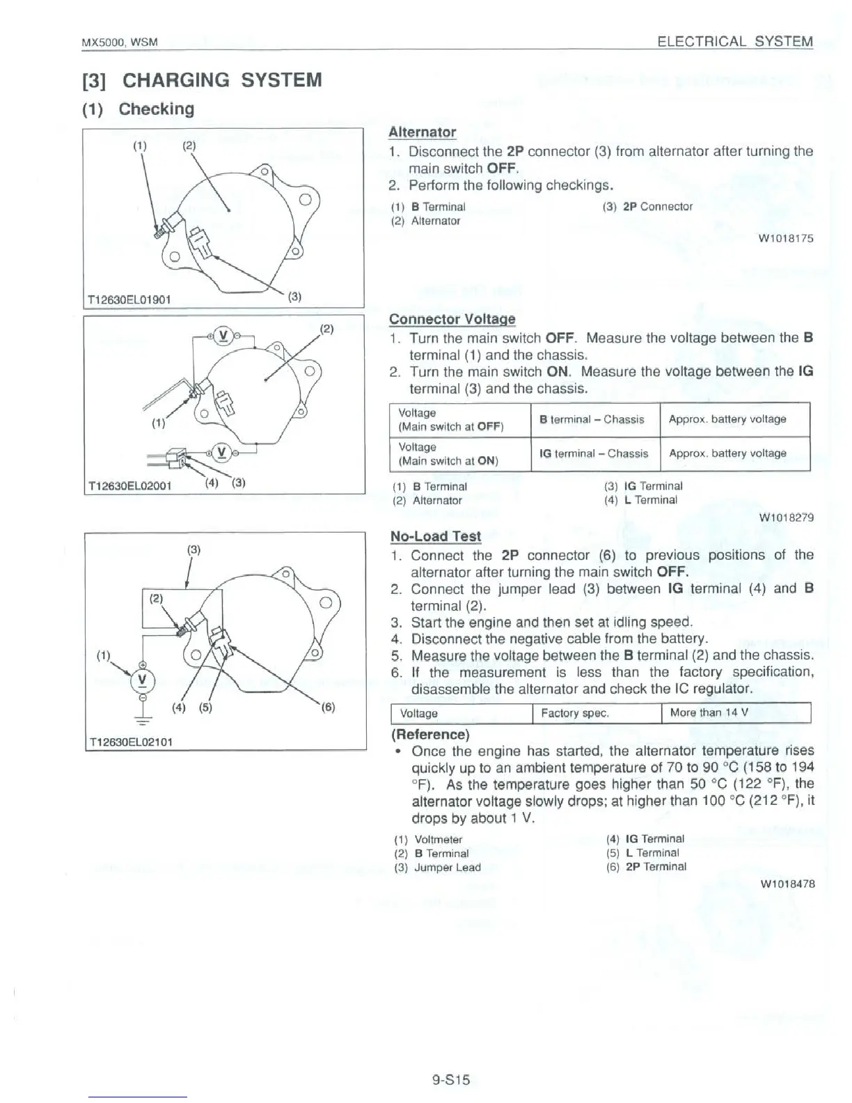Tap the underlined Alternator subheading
[422, 132]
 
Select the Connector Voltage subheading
[452, 319]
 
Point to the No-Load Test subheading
[435, 536]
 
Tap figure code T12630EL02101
[129, 742]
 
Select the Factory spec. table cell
[575, 713]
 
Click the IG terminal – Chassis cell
[594, 453]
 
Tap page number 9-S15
[451, 1080]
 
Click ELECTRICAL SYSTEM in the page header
[734, 41]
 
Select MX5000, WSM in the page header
[120, 42]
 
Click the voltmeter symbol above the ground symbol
[143, 680]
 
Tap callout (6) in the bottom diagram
[328, 707]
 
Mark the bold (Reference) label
[430, 734]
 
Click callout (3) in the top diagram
[294, 297]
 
